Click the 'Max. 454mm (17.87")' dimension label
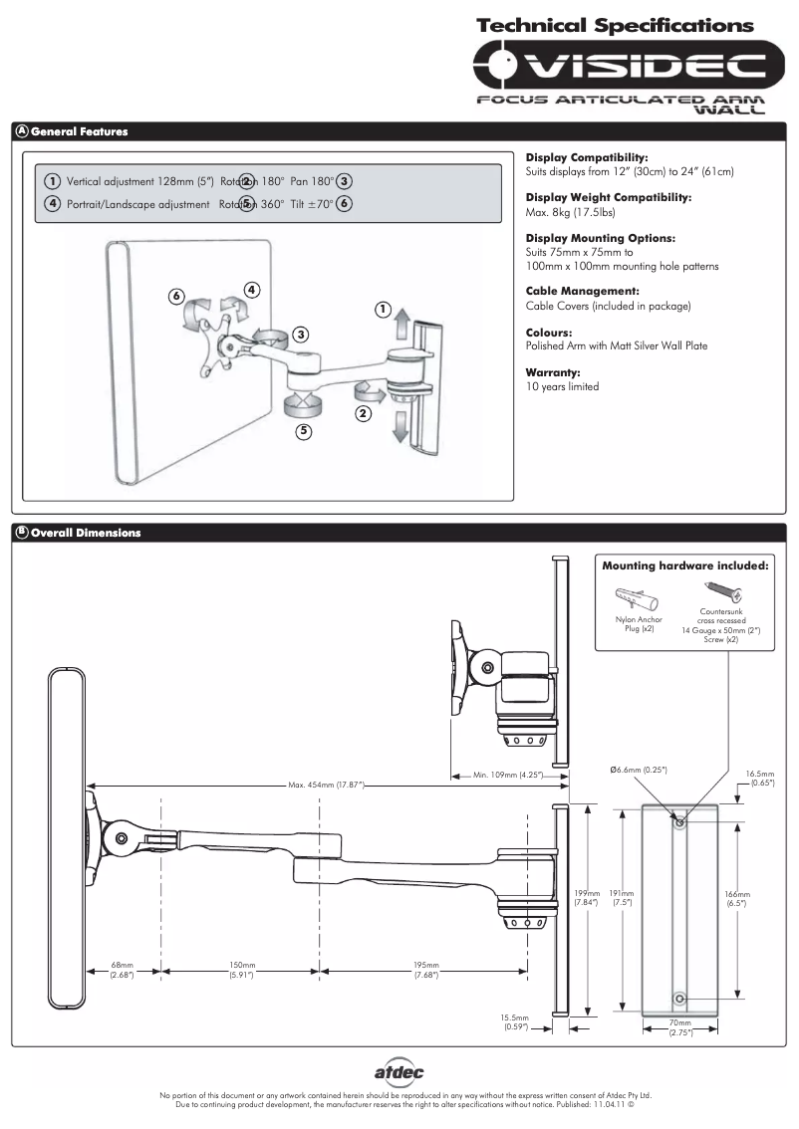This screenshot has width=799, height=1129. [326, 786]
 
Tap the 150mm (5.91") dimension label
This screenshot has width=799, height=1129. [241, 971]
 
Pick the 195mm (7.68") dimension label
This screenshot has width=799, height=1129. [425, 971]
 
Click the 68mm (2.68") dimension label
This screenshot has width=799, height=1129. [122, 971]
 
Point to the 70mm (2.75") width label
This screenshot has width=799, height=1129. [680, 1028]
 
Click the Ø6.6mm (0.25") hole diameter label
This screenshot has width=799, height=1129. [638, 770]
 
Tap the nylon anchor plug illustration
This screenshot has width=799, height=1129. [633, 599]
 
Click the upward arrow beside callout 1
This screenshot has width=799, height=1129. [399, 323]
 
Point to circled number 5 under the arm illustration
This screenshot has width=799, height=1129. [303, 431]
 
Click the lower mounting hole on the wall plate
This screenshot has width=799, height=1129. [680, 997]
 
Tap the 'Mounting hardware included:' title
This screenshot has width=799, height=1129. [684, 565]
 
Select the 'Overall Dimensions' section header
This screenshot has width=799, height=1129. [86, 533]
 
